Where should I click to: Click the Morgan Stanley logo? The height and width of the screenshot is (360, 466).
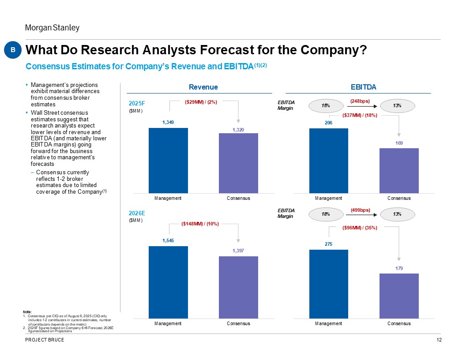pyautogui.click(x=52, y=28)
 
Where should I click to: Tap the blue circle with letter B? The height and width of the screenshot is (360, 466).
pyautogui.click(x=13, y=50)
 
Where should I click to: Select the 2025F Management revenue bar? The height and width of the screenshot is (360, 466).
pyautogui.click(x=168, y=160)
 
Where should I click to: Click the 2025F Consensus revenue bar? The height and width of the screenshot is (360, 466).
pyautogui.click(x=238, y=163)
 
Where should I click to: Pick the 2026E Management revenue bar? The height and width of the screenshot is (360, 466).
pyautogui.click(x=168, y=282)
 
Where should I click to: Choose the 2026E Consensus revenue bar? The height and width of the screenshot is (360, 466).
pyautogui.click(x=238, y=287)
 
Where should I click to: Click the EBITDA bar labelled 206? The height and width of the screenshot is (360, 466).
pyautogui.click(x=329, y=161)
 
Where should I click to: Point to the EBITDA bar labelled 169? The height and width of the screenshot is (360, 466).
pyautogui.click(x=399, y=170)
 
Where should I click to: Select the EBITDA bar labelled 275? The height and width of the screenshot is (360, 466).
pyautogui.click(x=329, y=284)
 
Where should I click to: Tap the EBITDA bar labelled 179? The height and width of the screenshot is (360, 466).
pyautogui.click(x=399, y=296)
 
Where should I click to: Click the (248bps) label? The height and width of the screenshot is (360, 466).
pyautogui.click(x=360, y=101)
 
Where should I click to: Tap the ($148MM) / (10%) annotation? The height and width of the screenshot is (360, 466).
pyautogui.click(x=200, y=224)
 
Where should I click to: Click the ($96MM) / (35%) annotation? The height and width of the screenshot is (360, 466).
pyautogui.click(x=360, y=228)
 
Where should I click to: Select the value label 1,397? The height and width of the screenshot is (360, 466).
pyautogui.click(x=238, y=251)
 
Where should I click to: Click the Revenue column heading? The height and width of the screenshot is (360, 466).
pyautogui.click(x=203, y=87)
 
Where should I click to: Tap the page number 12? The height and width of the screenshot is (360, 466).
pyautogui.click(x=439, y=339)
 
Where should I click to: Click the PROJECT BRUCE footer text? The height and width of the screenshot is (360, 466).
pyautogui.click(x=45, y=339)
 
